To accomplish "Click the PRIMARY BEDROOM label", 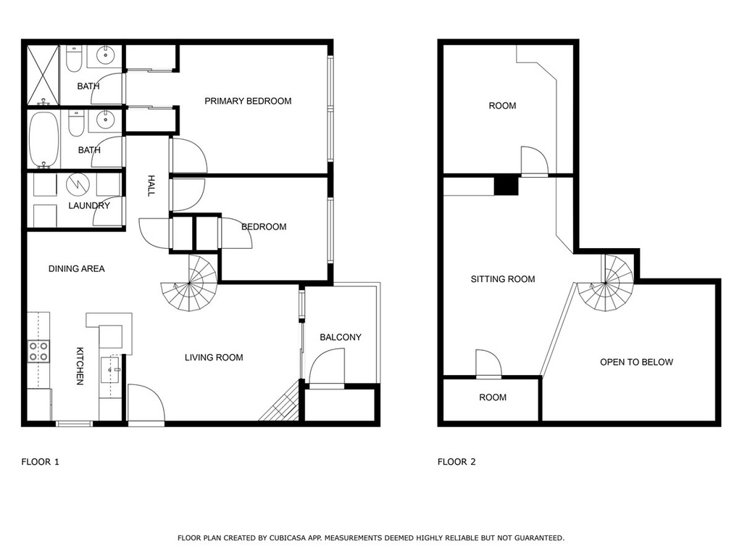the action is click(248, 101).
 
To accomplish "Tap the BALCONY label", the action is click(341, 337).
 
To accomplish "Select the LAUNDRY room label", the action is click(89, 205).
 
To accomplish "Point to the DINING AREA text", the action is click(77, 268).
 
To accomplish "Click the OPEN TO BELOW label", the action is click(636, 363).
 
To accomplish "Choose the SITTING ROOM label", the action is click(503, 279).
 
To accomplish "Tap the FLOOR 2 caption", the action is click(457, 462).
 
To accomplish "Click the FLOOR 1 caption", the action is click(41, 462).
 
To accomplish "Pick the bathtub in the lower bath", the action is click(44, 140).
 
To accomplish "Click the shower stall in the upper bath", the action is click(43, 75).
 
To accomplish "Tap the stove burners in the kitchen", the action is click(39, 352).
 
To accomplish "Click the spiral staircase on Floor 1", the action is click(189, 283).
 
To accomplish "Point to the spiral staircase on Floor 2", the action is click(605, 284).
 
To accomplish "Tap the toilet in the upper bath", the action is click(74, 59).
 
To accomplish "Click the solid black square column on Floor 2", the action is click(507, 185).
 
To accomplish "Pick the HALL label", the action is click(151, 186).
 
